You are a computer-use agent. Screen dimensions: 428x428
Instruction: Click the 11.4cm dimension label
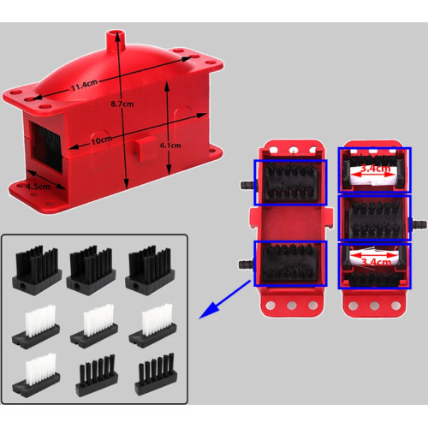pos(85,85)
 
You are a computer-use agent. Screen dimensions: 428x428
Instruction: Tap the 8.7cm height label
pos(122,104)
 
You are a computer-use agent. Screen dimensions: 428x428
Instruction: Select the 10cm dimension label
pos(102,140)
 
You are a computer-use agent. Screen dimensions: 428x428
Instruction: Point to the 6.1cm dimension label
pos(170,146)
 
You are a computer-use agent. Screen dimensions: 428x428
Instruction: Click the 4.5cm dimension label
pos(39,187)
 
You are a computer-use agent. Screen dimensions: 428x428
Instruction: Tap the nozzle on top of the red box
pos(116,40)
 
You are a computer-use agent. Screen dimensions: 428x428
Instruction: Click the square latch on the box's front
pos(146,149)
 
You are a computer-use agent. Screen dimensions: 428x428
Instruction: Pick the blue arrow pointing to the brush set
pos(225,300)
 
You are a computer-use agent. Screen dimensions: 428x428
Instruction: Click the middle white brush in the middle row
pos(94,326)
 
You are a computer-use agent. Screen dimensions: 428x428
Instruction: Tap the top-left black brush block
pos(37,270)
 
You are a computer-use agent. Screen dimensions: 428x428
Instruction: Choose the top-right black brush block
pos(150,270)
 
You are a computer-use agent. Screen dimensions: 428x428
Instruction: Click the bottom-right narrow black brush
pos(156,374)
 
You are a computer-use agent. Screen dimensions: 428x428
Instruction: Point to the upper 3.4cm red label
pos(375,168)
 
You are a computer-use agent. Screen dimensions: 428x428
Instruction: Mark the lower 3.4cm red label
pos(377,262)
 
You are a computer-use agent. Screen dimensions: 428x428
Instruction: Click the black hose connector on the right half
pos(419,223)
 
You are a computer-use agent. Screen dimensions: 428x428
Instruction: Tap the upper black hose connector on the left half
pos(248,185)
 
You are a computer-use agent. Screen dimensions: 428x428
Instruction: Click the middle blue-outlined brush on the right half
pos(374,217)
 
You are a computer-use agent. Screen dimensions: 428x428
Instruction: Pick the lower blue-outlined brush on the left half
pos(290,264)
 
